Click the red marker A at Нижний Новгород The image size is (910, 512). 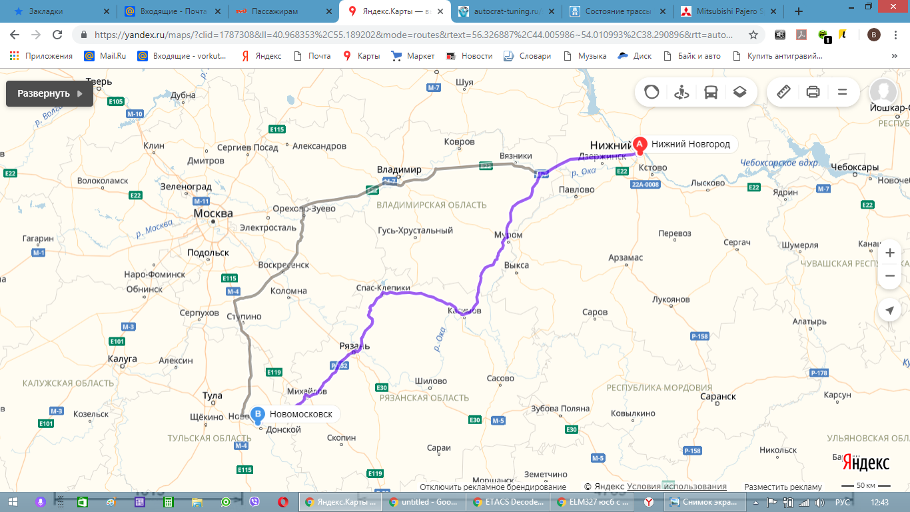[x=640, y=144]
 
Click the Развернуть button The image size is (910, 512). [x=49, y=93]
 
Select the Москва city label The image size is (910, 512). [x=213, y=213]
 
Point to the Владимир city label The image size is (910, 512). [x=399, y=170]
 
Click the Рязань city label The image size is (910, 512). [x=354, y=346]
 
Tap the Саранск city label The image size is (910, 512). [x=718, y=396]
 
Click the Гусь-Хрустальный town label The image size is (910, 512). [x=415, y=231]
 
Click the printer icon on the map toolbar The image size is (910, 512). [x=813, y=93]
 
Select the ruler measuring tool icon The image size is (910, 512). [x=783, y=92]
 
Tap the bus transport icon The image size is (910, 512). [x=711, y=93]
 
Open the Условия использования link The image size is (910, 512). [x=677, y=487]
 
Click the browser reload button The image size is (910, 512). [x=58, y=35]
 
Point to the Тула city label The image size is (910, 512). [x=212, y=396]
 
